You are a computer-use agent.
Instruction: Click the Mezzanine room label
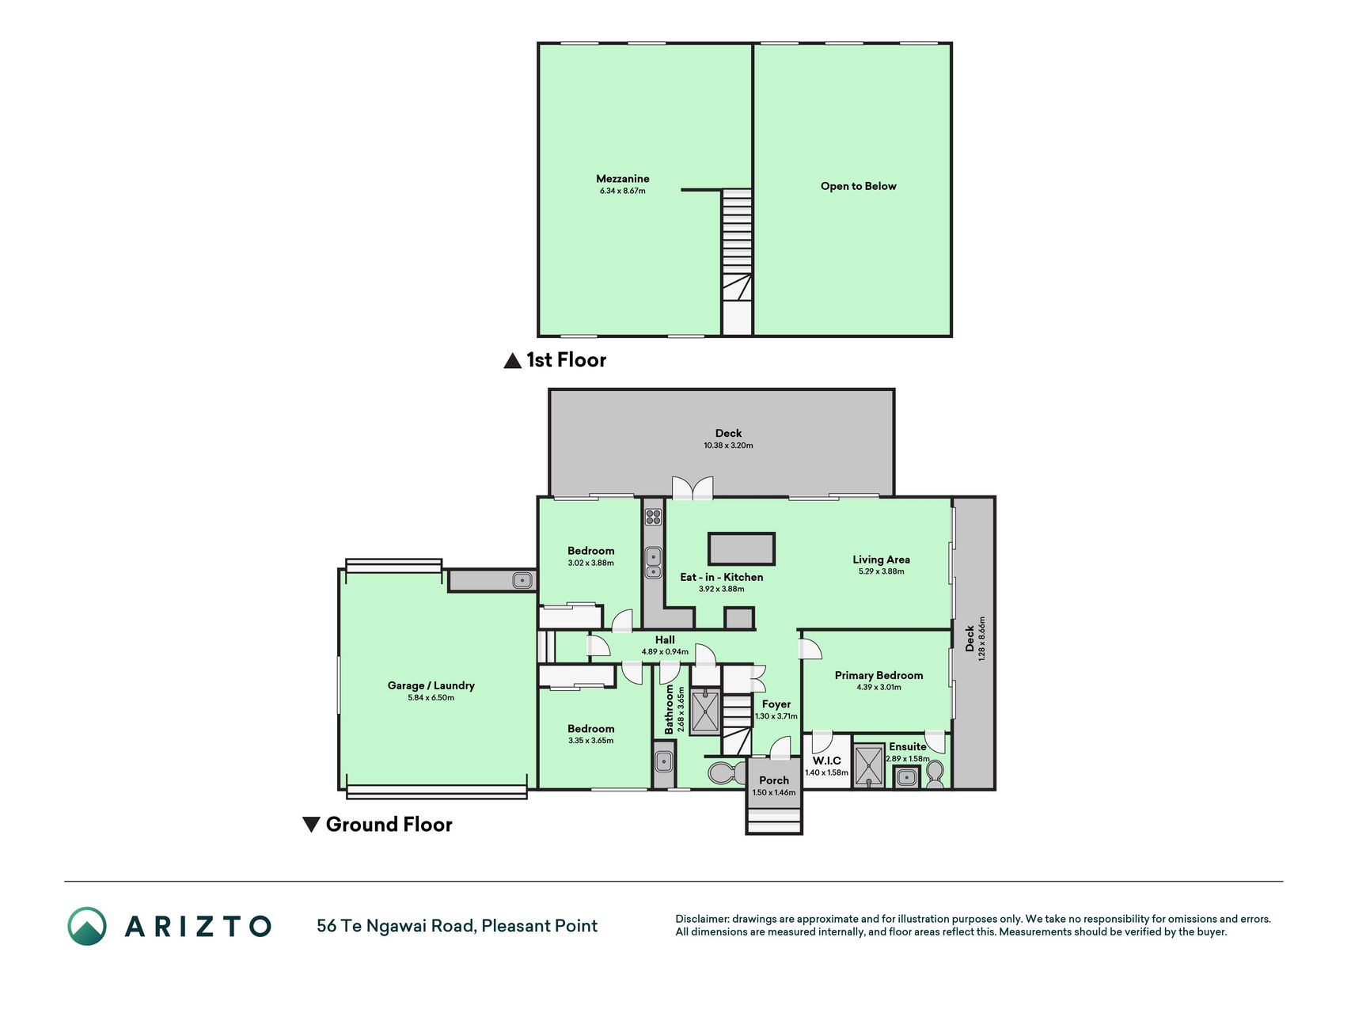pos(622,179)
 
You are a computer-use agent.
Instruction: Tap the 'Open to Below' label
pos(858,186)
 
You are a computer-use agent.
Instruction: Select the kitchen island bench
pos(742,548)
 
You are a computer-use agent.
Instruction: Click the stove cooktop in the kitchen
pos(653,517)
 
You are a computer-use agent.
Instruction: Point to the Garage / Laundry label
pos(431,685)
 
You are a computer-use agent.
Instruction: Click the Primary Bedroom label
pos(879,675)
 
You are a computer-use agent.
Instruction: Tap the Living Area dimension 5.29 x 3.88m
pos(881,571)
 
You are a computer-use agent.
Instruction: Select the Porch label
pos(774,780)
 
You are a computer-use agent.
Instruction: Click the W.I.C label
pos(826,761)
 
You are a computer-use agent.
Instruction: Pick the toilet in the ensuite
pos(935,773)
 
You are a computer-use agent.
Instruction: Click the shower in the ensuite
pos(869,765)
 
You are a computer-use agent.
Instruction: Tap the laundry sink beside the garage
pos(522,580)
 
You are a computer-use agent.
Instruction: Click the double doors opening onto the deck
pos(693,488)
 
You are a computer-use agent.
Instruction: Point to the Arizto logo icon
pos(87,926)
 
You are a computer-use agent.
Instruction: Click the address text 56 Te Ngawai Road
pos(395,926)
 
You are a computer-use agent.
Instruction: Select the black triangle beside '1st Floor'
pos(513,361)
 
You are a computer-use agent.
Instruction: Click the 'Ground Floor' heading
pos(389,825)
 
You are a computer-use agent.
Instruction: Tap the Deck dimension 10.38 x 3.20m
pos(728,446)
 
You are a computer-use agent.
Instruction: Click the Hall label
pos(665,639)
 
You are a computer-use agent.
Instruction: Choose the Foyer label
pos(776,704)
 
